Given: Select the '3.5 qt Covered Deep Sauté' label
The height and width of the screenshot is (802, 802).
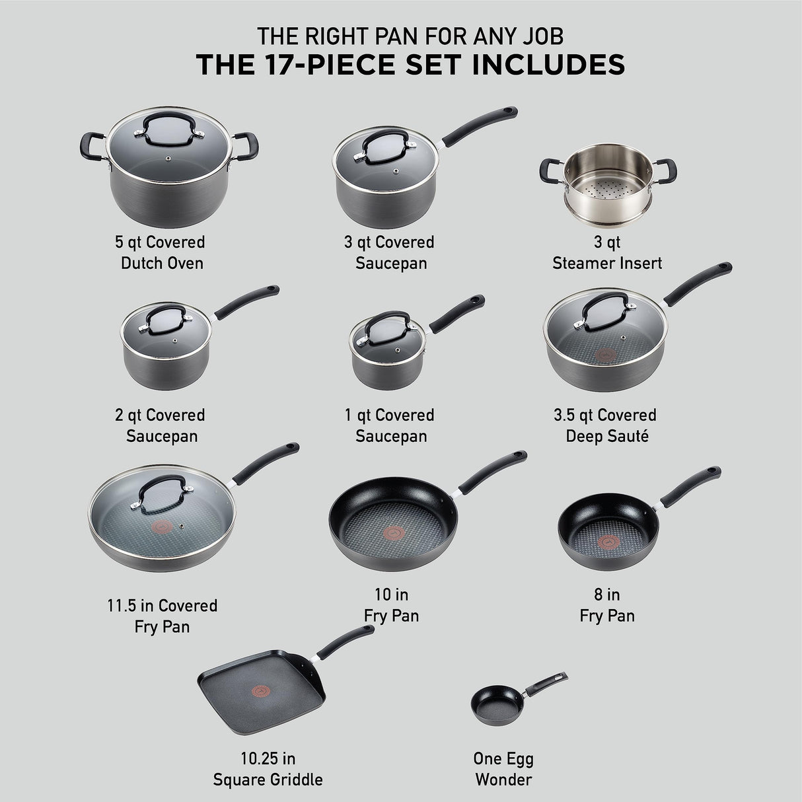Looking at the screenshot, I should pos(605,425).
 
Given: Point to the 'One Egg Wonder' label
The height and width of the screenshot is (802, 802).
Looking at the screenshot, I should pos(503,769).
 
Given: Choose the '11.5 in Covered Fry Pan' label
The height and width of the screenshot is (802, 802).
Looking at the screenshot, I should pos(162,616).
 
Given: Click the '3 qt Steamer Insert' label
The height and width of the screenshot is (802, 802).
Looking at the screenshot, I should pos(606,252).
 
